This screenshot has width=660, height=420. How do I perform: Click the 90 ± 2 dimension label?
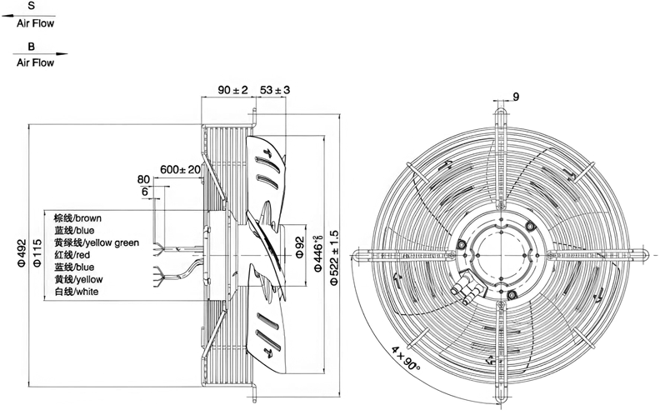232,90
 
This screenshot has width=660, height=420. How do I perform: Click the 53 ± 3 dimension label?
275,90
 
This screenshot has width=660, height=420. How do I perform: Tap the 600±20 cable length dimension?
180,170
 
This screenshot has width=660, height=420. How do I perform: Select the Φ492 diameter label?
22,253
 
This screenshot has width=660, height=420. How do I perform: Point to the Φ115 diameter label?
37,253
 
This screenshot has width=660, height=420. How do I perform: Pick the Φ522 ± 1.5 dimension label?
334,258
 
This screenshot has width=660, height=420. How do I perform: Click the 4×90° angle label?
406,358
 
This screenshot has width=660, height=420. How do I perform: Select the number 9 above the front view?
516,97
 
